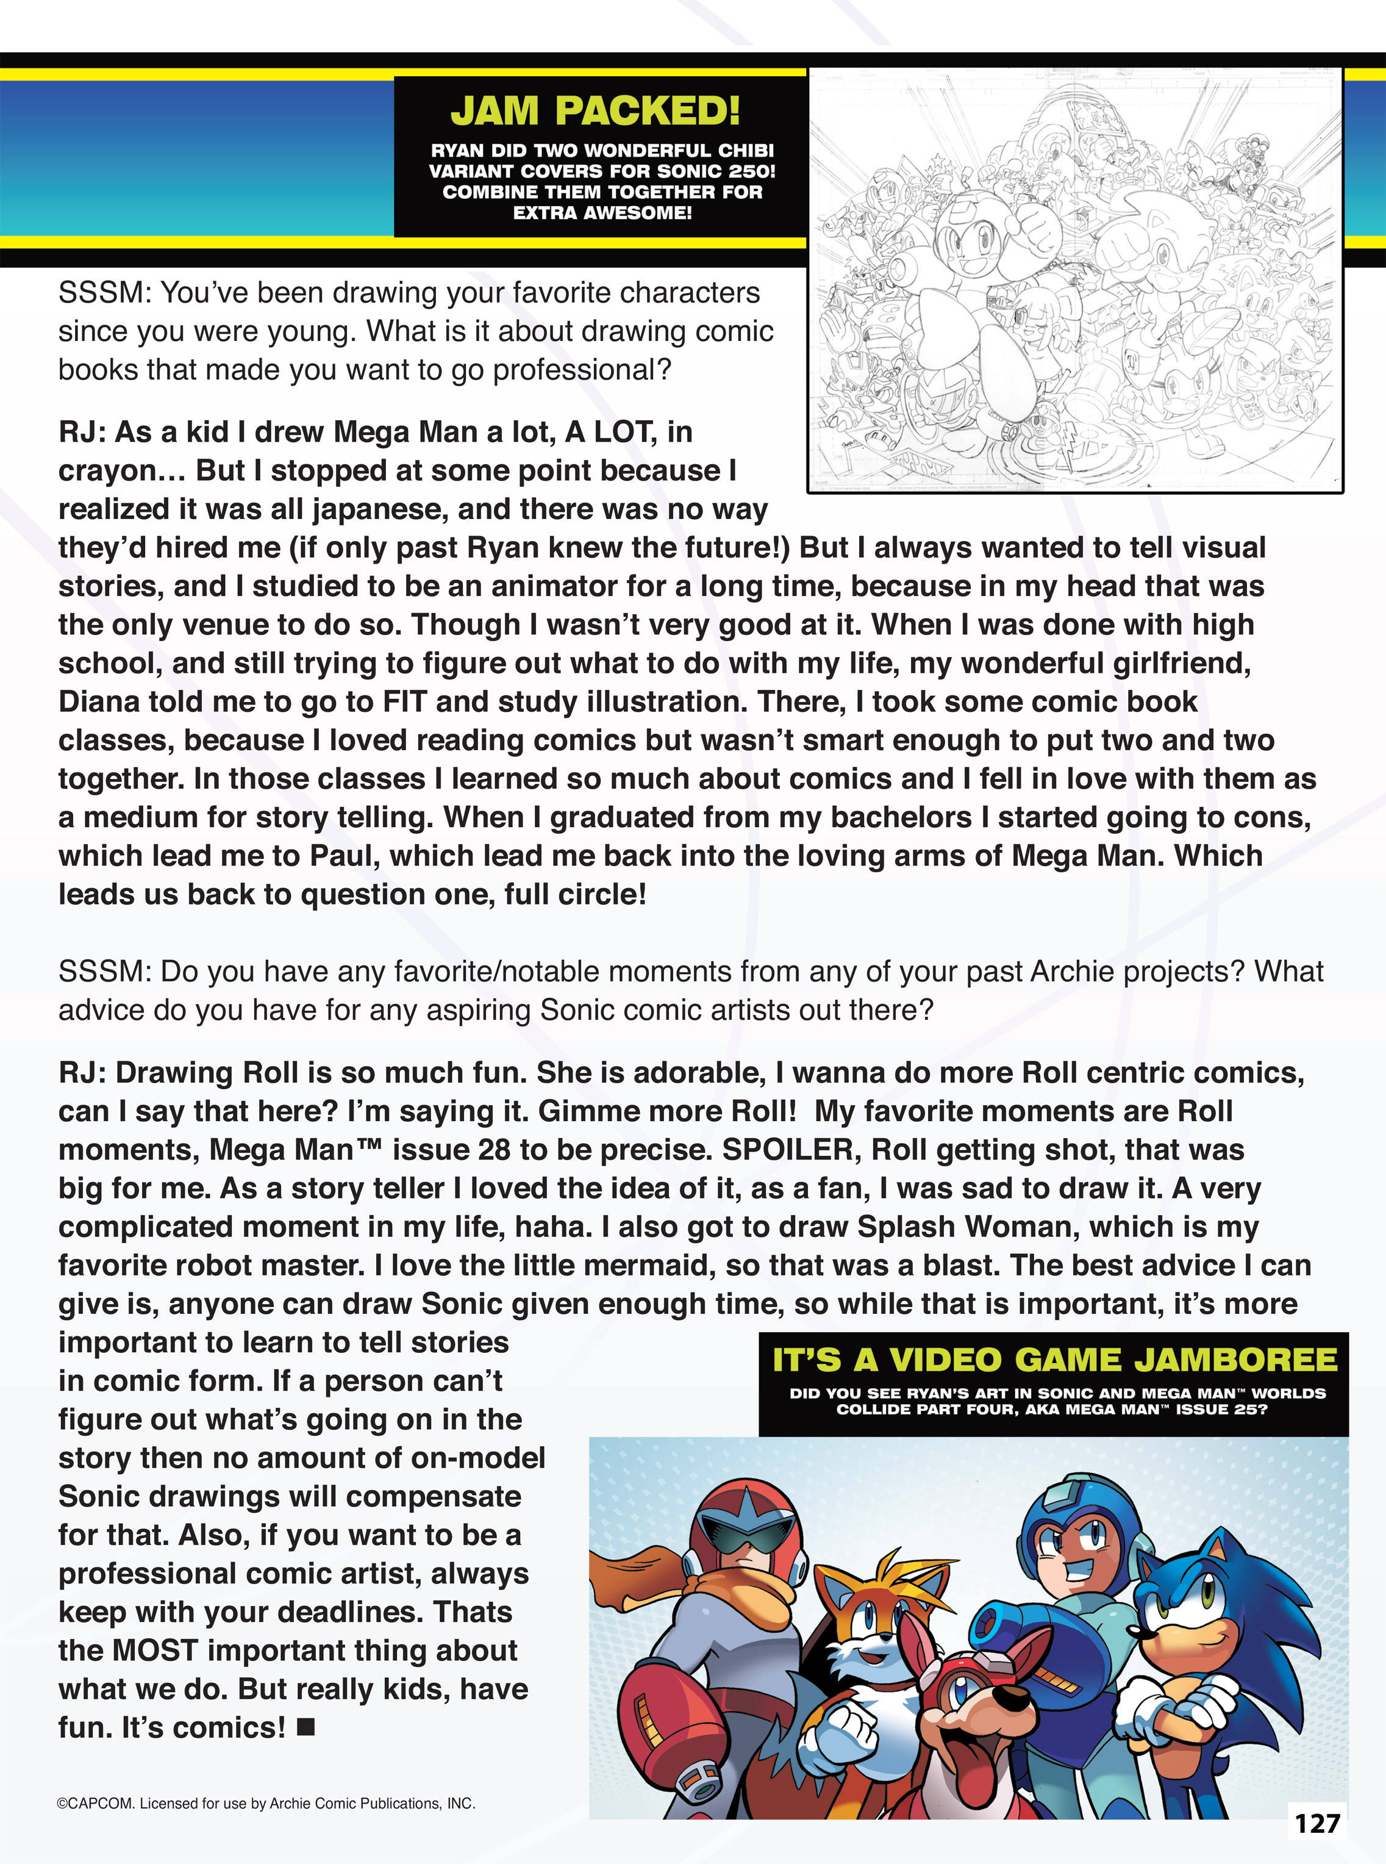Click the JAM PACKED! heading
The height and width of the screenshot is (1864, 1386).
click(x=595, y=111)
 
